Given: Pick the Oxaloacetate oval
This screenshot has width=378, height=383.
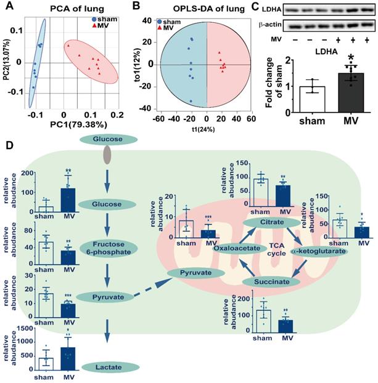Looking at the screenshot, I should click(x=237, y=249).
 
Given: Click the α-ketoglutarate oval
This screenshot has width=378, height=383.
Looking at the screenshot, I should click(x=320, y=251).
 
